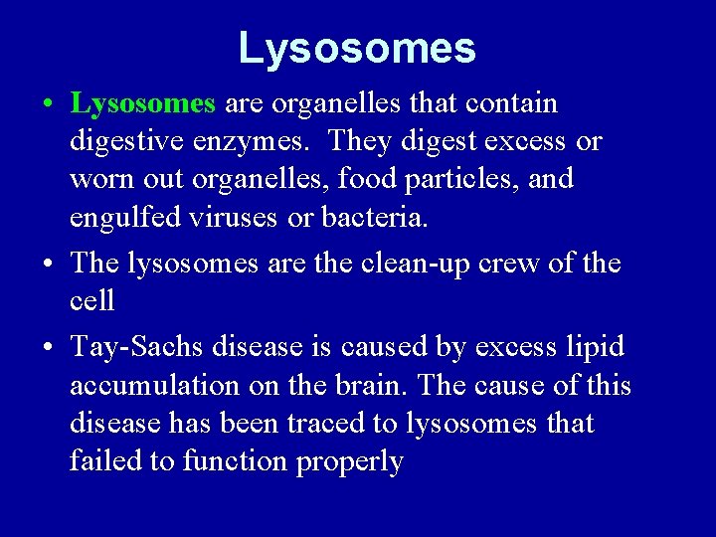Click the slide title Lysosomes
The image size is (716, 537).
pyautogui.click(x=357, y=48)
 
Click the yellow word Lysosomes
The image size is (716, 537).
pyautogui.click(x=143, y=103)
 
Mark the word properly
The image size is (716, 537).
pyautogui.click(x=354, y=462)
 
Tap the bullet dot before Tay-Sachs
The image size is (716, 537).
pyautogui.click(x=48, y=348)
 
